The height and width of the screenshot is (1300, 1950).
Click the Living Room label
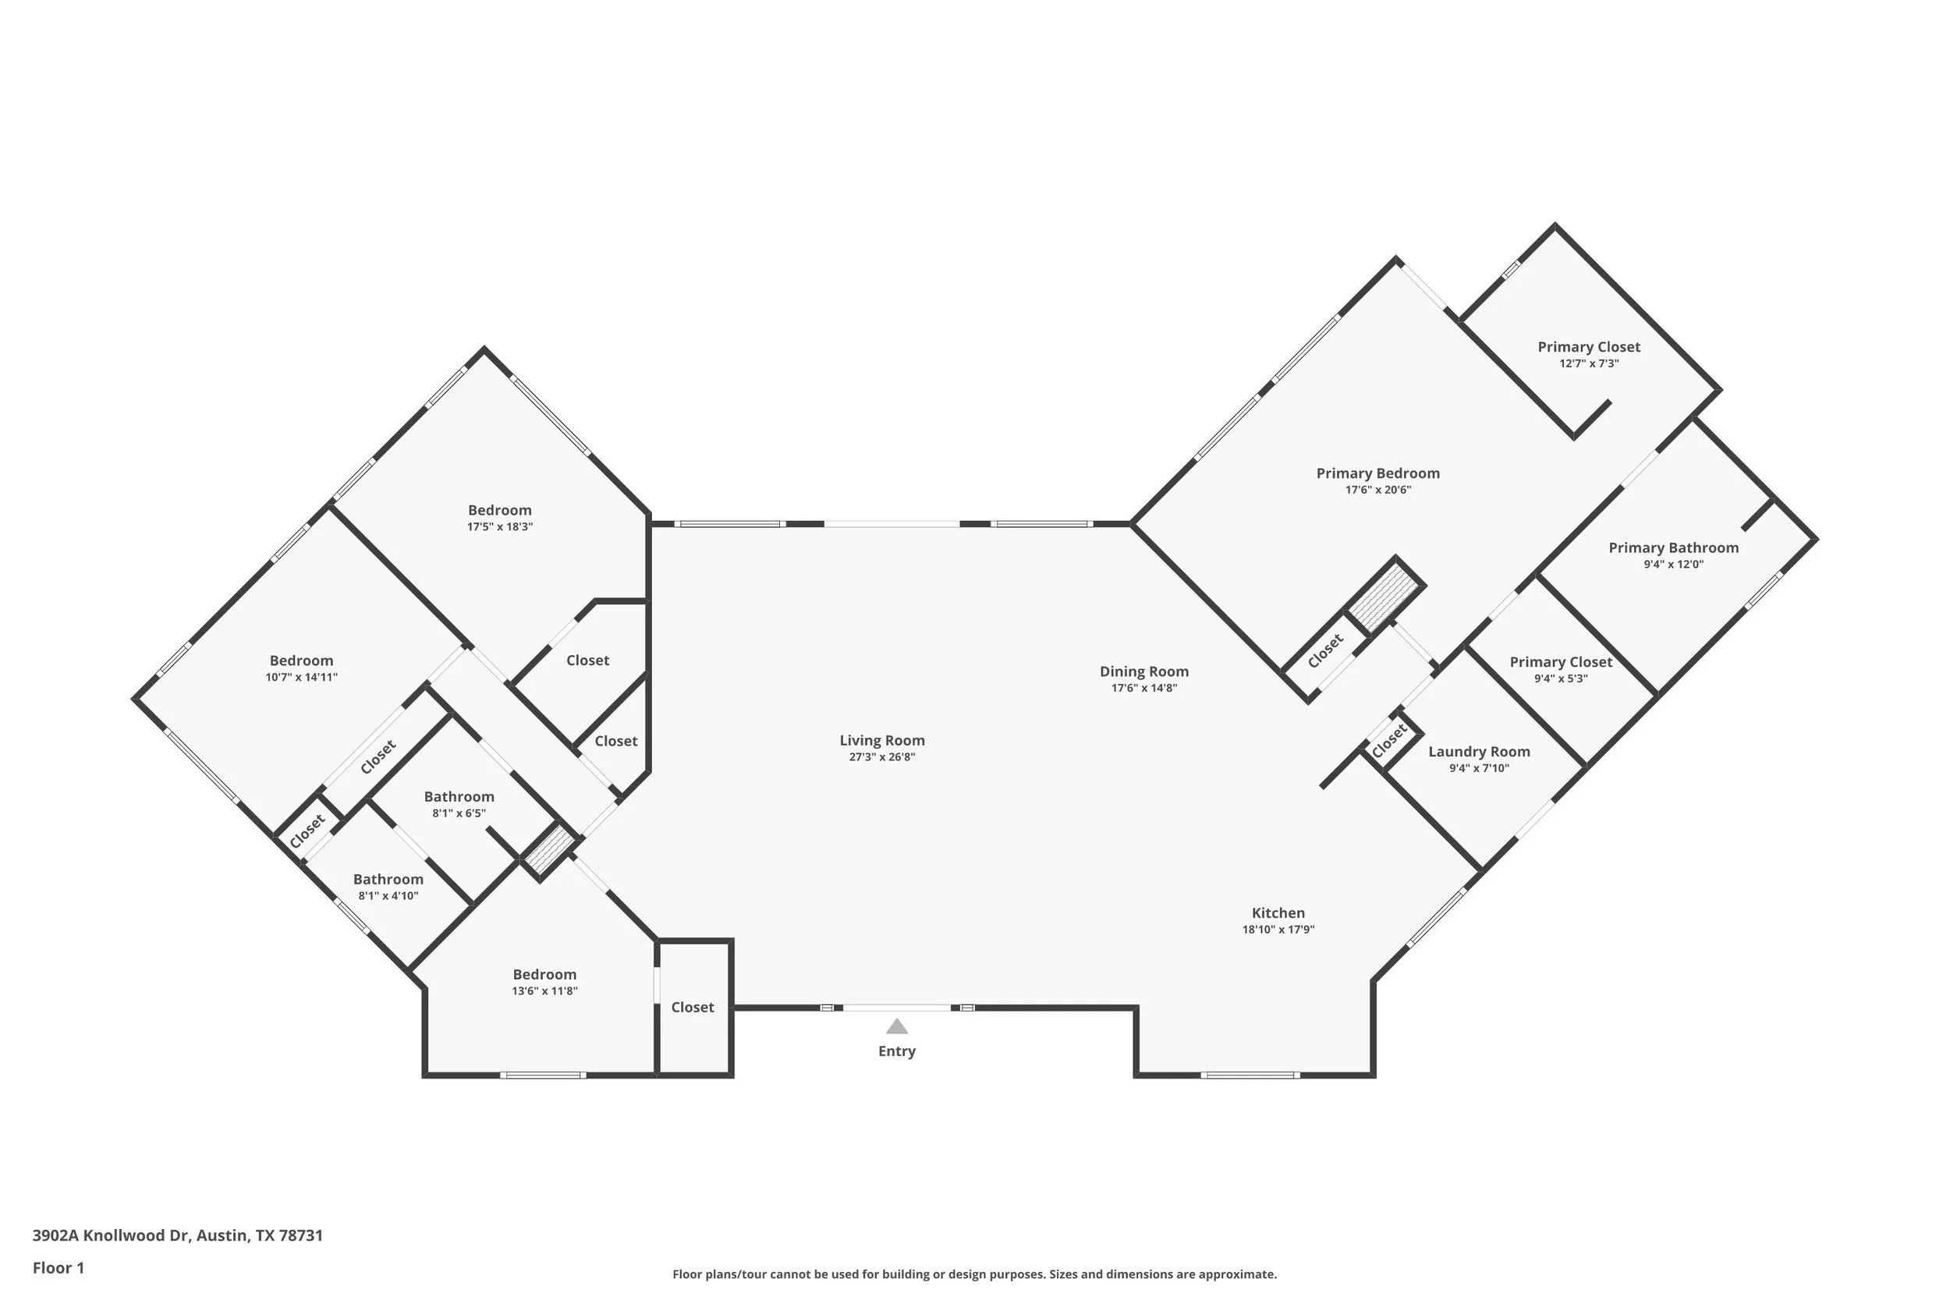(882, 740)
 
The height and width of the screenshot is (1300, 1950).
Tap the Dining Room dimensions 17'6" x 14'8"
(1144, 688)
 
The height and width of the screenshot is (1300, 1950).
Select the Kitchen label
(1278, 913)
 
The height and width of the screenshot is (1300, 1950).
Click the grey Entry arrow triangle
(897, 1026)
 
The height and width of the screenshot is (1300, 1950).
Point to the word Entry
(897, 1051)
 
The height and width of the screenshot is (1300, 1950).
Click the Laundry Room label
(1479, 752)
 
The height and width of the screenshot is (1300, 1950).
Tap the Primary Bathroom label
(1674, 548)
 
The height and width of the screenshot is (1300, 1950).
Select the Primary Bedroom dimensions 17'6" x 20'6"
(1378, 490)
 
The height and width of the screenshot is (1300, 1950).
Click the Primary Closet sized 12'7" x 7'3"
(1590, 347)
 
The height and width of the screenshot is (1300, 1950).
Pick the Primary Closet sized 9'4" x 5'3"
(1561, 662)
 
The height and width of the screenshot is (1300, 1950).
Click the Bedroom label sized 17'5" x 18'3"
(500, 511)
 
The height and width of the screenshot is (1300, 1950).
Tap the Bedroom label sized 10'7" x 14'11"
(302, 661)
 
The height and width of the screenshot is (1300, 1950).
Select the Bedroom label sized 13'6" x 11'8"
(544, 975)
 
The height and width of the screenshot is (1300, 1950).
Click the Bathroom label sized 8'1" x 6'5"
(459, 797)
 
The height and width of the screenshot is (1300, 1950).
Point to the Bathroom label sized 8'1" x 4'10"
(388, 880)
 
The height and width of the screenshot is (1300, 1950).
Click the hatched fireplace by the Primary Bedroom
(1384, 597)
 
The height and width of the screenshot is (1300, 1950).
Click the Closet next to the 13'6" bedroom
(693, 1008)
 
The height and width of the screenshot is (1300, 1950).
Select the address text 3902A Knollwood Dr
(111, 1235)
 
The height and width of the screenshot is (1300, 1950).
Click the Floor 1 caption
(58, 1268)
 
